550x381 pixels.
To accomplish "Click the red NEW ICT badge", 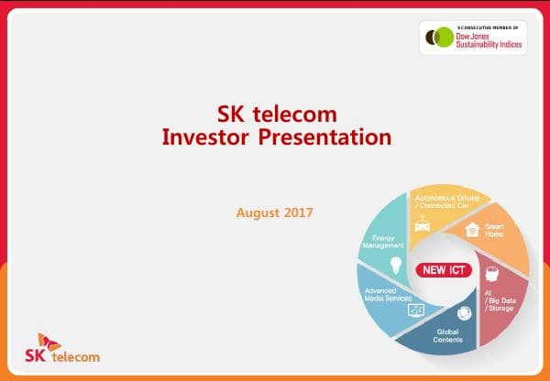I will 444,270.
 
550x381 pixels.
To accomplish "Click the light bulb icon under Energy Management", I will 397,265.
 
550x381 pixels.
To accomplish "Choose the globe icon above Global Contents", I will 463,312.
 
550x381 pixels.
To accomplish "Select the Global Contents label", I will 448,335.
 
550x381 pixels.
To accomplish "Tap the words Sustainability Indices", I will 489,43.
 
